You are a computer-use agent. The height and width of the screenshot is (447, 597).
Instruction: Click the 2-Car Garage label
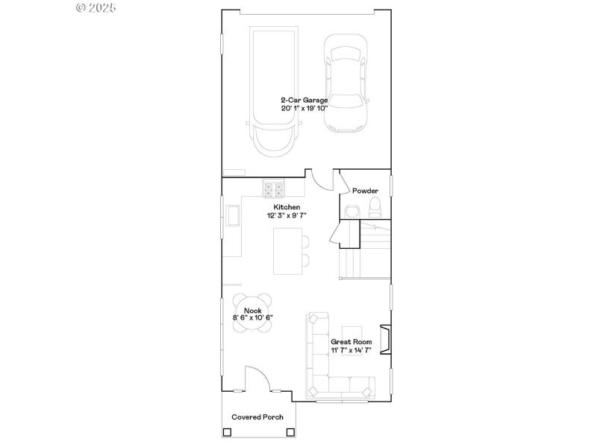(x=304, y=99)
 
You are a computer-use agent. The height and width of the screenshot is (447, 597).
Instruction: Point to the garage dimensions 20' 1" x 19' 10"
(x=304, y=108)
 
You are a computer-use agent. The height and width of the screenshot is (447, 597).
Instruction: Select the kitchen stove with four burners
(x=273, y=187)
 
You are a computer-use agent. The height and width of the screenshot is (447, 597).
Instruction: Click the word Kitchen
(x=287, y=206)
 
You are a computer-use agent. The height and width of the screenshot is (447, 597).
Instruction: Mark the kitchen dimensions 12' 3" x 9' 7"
(x=287, y=215)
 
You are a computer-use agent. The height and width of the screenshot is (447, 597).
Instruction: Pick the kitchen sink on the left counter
(x=234, y=217)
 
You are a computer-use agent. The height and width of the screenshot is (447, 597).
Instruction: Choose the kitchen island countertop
(x=284, y=251)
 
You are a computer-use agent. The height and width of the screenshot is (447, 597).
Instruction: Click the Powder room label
(x=366, y=191)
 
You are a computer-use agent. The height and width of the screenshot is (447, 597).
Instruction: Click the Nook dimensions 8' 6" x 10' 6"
(x=253, y=318)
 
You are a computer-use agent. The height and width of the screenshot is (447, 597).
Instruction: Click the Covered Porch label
(x=257, y=417)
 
